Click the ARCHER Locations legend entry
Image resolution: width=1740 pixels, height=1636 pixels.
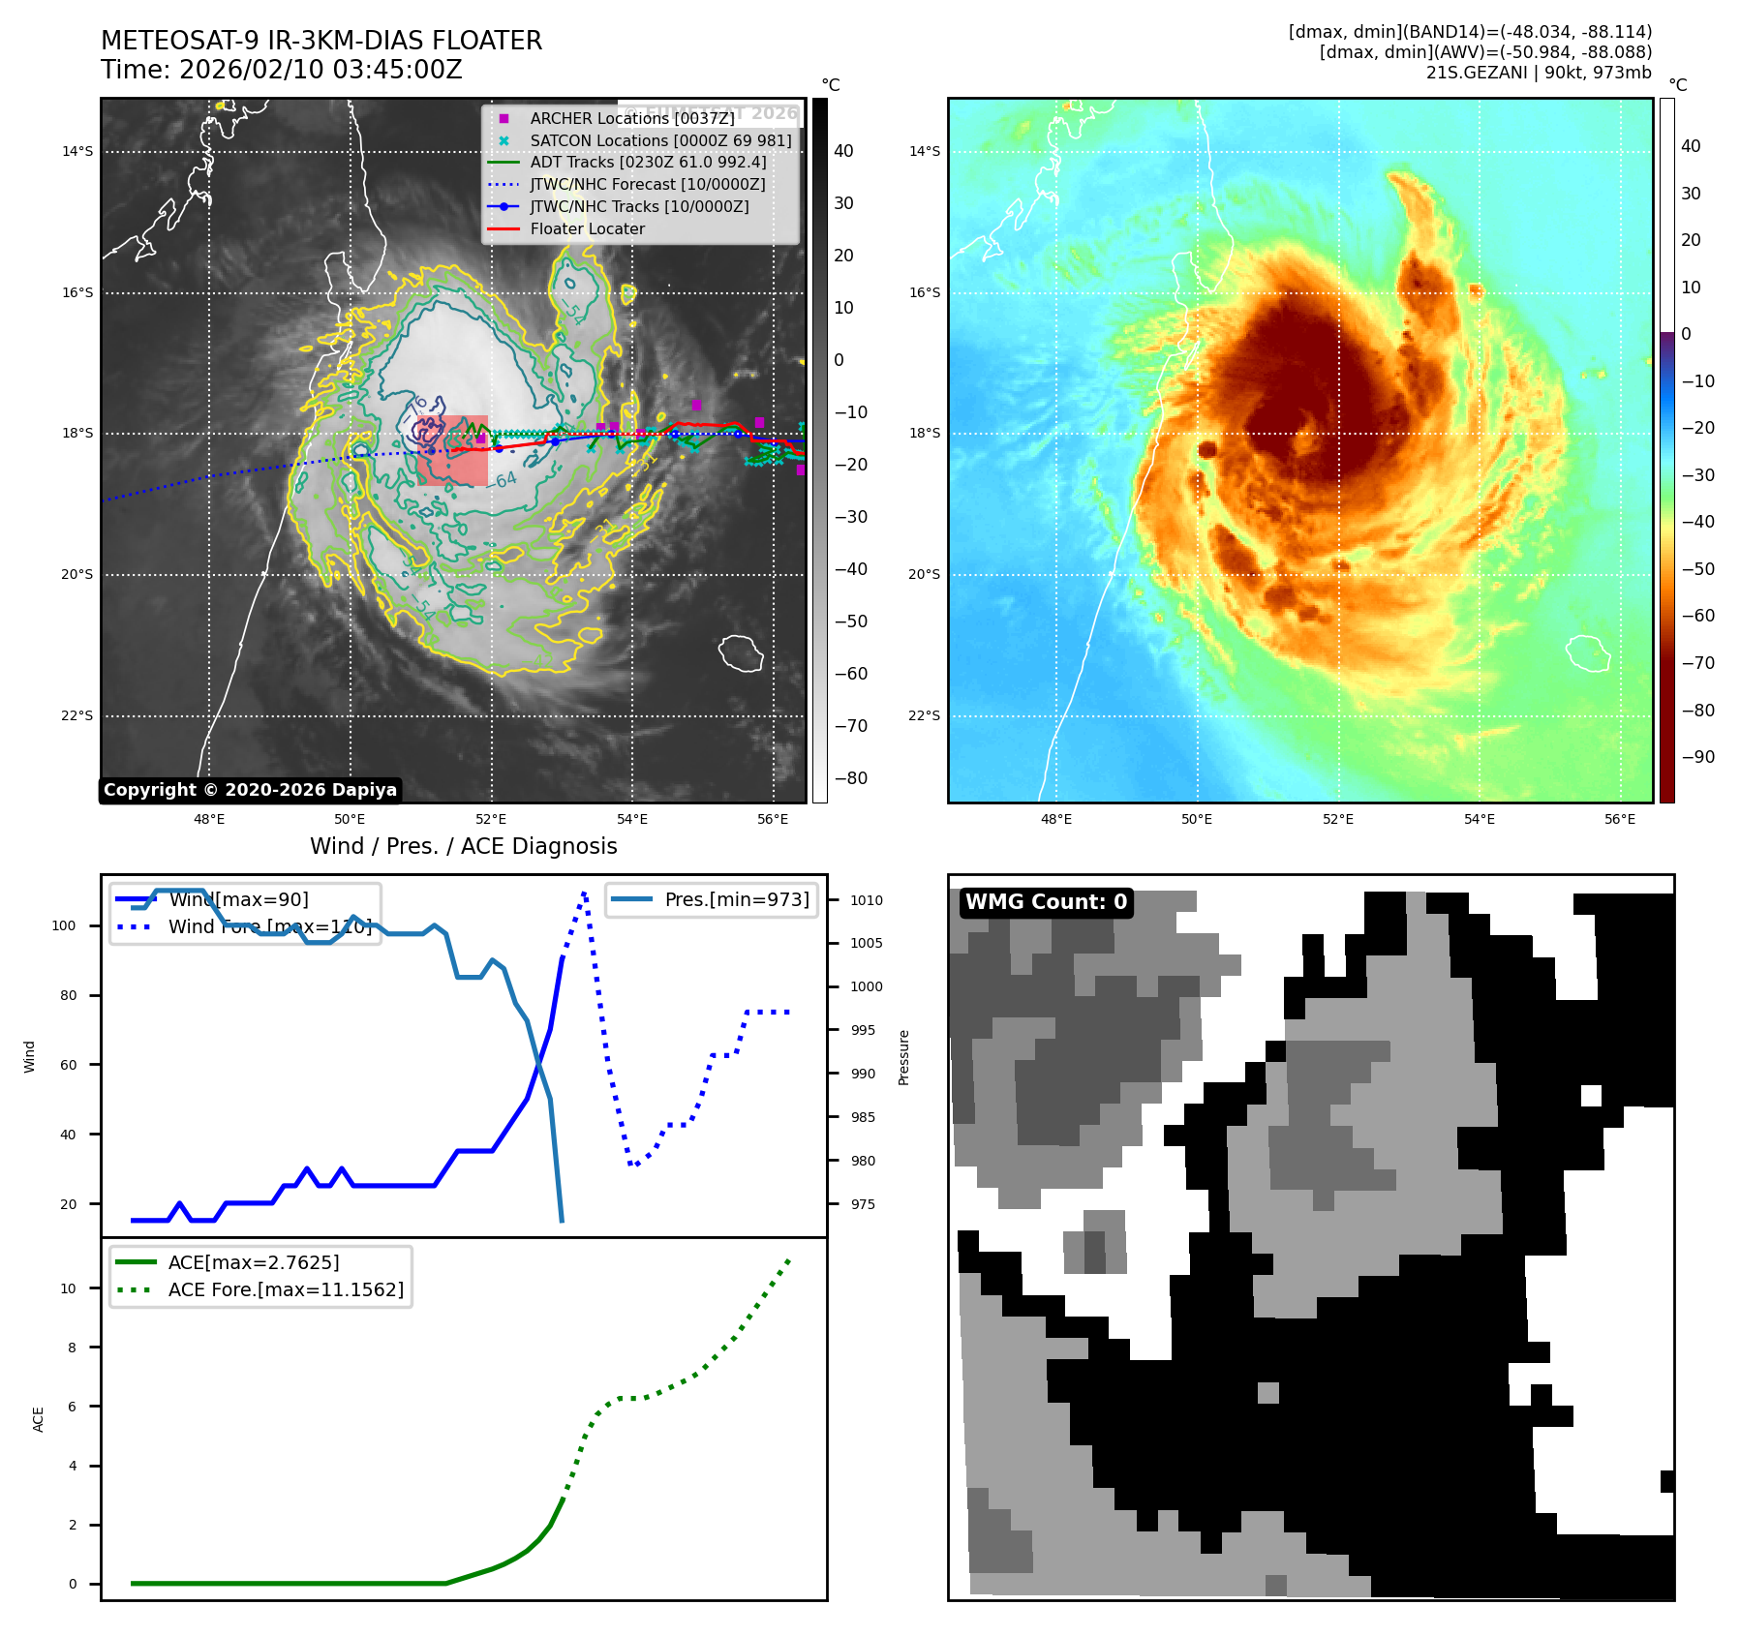[x=631, y=118]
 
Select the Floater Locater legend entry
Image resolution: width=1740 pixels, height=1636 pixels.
[x=587, y=228]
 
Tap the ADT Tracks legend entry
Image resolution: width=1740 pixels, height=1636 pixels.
[x=647, y=162]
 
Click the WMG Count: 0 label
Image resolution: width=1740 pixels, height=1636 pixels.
[x=1046, y=902]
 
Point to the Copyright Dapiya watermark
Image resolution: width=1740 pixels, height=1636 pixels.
[x=250, y=790]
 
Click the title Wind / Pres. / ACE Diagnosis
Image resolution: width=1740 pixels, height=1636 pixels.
[x=463, y=846]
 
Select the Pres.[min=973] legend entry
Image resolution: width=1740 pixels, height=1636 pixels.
[x=736, y=899]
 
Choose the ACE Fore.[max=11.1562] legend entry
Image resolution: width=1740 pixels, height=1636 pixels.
[x=286, y=1289]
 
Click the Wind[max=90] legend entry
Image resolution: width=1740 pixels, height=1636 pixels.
[x=238, y=899]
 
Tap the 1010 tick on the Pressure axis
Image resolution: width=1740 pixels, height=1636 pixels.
[x=867, y=900]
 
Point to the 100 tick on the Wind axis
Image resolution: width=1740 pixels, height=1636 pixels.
[x=64, y=925]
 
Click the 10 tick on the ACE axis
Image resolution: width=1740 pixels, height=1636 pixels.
[x=68, y=1288]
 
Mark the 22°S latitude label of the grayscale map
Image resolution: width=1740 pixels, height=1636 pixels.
[x=77, y=716]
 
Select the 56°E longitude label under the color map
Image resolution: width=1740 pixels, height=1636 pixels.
[x=1620, y=819]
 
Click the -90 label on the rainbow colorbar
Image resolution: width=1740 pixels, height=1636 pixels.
[x=1697, y=757]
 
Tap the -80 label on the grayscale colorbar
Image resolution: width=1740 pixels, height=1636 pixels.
[x=851, y=778]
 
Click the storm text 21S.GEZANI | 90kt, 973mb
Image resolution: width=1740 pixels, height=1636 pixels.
[x=1539, y=73]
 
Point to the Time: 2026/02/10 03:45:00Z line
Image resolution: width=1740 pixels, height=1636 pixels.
[x=282, y=70]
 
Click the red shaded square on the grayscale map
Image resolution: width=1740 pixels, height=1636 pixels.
[x=453, y=451]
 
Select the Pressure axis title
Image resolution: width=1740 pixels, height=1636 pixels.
[x=903, y=1057]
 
